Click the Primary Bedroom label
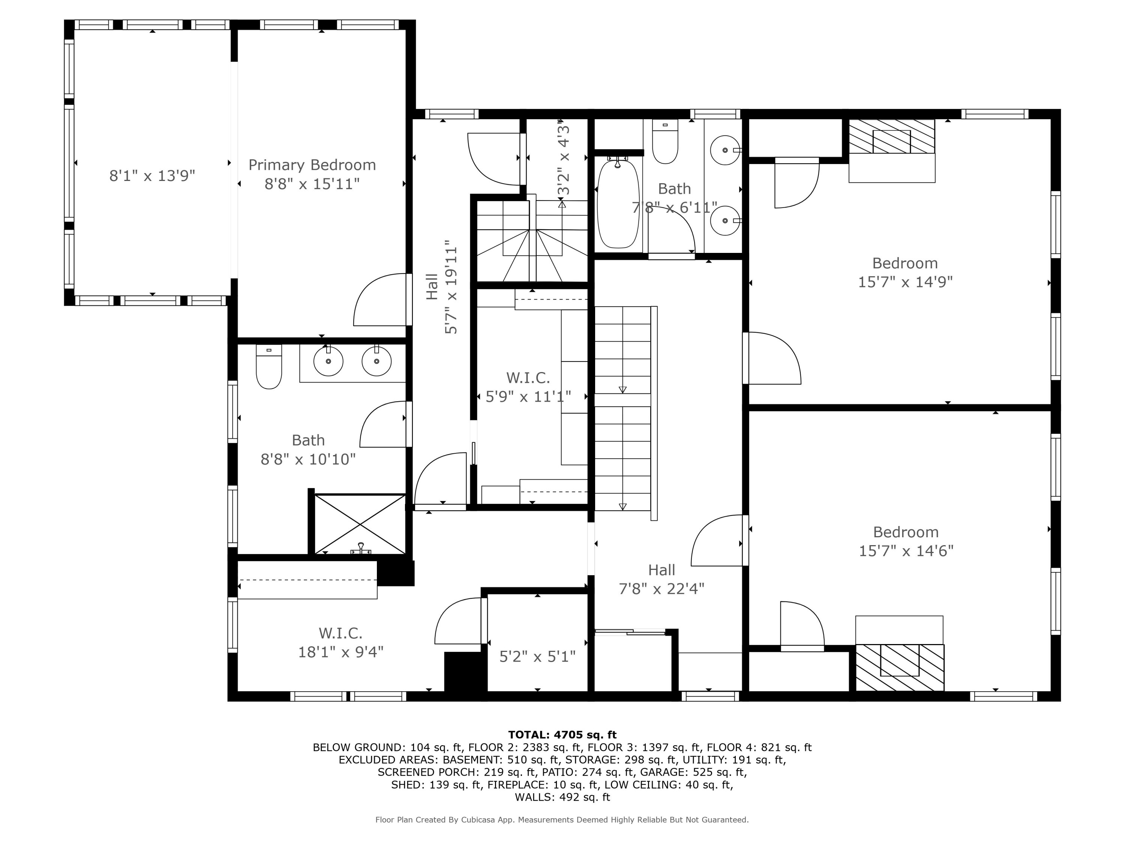coord(312,165)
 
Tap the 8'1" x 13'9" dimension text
coord(152,176)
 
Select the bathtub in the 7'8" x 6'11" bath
coord(618,204)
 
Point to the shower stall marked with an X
coord(360,524)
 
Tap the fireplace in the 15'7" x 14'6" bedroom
coord(899,667)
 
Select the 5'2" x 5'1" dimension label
coord(537,657)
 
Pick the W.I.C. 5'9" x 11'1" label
coord(528,387)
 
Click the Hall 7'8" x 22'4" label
coord(661,579)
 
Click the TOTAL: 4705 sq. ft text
coord(562,734)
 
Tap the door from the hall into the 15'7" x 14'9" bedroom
coord(771,358)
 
